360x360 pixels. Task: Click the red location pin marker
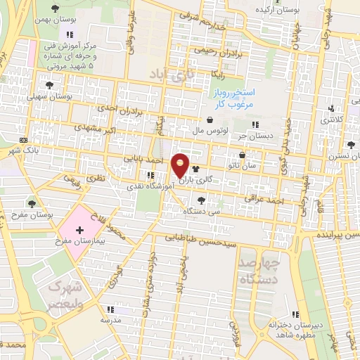(x=181, y=166)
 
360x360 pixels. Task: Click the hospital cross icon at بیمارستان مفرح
(x=79, y=230)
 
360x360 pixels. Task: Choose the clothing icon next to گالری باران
(x=195, y=169)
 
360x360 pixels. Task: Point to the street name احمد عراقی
(x=263, y=200)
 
